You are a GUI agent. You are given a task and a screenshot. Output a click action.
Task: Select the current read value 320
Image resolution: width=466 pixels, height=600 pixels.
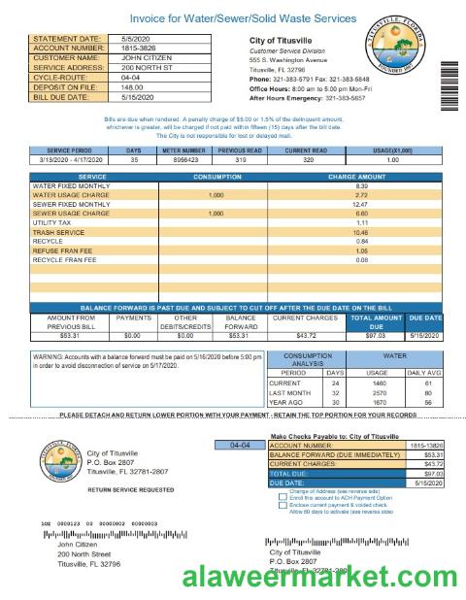click(x=308, y=160)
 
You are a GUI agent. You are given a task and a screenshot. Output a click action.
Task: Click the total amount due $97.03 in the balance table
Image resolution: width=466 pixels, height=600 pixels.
click(x=374, y=335)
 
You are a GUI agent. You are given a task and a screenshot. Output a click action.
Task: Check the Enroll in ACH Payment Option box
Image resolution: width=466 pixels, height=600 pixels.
click(x=282, y=497)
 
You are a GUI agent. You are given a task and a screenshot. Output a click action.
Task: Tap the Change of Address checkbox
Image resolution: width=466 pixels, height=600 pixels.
click(x=282, y=490)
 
